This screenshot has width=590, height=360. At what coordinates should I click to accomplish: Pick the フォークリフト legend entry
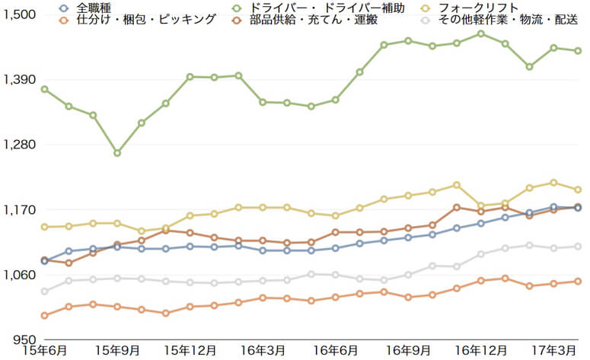click(477, 8)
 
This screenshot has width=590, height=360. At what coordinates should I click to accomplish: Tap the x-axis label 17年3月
click(554, 351)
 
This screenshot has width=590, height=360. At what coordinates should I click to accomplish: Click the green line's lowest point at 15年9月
click(117, 153)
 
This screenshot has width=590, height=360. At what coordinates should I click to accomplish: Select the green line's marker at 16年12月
click(480, 33)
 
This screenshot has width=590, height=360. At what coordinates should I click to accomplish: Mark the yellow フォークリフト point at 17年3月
click(553, 183)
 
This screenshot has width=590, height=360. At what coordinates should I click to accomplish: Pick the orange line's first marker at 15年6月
click(44, 315)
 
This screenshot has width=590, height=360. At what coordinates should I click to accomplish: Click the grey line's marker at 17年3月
click(553, 248)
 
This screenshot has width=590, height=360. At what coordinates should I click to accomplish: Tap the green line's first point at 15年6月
click(44, 89)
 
